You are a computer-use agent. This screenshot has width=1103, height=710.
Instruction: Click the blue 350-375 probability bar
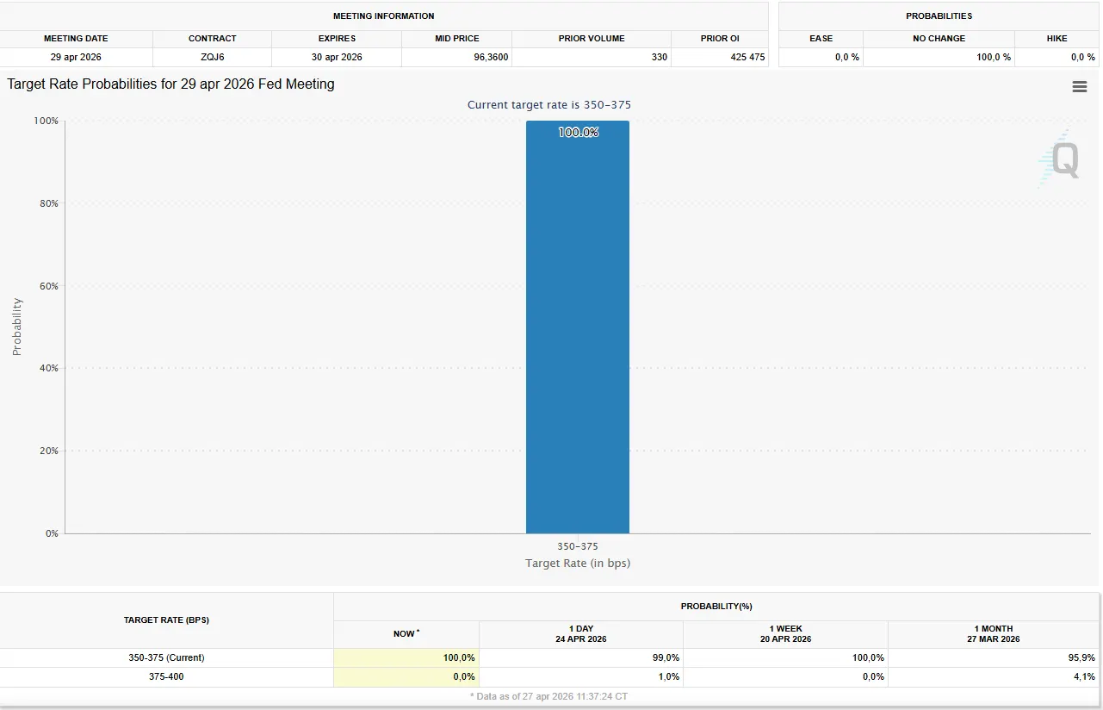578,327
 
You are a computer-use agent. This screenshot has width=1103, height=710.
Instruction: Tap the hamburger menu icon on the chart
1080,87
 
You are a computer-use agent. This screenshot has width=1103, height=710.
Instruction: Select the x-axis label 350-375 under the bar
577,546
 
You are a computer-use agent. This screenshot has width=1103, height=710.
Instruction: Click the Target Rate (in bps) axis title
578,564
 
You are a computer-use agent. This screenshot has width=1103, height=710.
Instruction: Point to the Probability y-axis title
17,327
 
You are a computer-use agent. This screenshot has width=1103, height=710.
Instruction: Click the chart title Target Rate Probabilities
170,84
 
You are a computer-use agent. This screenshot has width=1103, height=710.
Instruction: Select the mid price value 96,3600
457,57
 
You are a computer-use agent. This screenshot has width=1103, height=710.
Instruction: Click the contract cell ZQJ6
213,57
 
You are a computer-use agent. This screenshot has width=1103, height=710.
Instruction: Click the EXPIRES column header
337,39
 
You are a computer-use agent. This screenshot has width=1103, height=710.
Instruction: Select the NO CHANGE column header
939,39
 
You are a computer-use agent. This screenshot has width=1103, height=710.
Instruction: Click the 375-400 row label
166,676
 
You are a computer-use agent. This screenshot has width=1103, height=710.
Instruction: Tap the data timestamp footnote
548,695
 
